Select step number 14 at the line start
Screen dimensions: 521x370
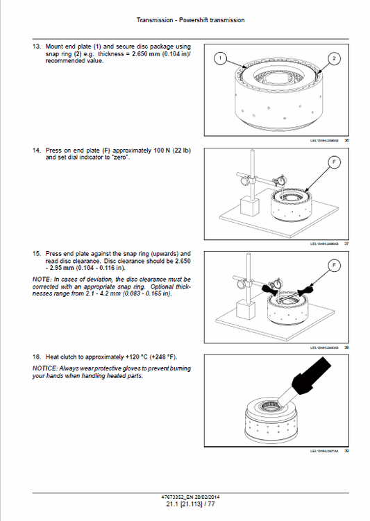37,150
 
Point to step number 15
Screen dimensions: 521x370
37,254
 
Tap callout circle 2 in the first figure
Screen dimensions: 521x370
335,59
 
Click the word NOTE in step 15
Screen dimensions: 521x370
42,278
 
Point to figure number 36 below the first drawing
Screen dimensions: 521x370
346,140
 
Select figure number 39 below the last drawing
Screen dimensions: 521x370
346,450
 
